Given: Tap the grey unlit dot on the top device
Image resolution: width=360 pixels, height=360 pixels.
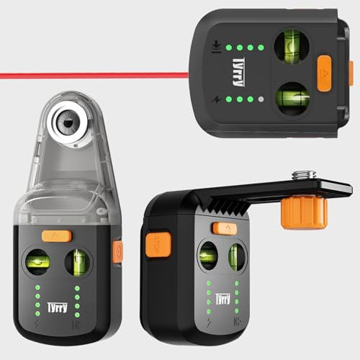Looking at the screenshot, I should [x=262, y=100].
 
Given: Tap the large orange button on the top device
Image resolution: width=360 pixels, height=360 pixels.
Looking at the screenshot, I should [x=322, y=72].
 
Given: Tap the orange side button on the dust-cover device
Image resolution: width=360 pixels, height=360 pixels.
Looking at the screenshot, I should [x=118, y=251].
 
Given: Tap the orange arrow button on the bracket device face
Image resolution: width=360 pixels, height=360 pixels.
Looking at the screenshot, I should [x=225, y=228].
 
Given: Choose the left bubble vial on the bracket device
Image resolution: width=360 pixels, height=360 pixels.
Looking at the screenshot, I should [x=209, y=258].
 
